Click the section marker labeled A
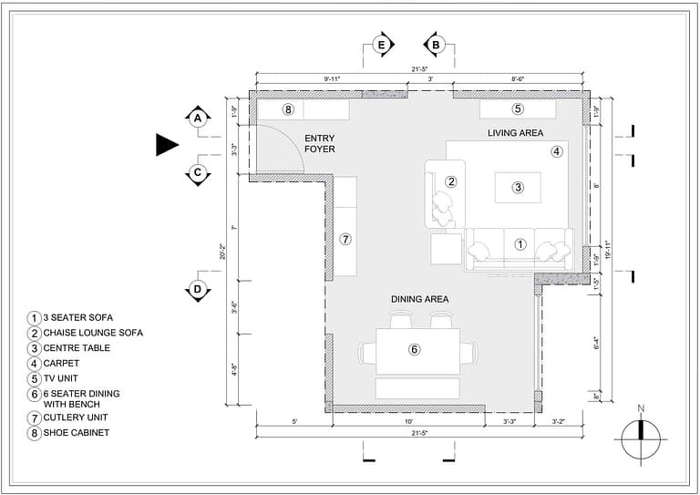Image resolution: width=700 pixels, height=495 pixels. pos(198,117)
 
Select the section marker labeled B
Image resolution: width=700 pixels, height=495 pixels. pos(436,44)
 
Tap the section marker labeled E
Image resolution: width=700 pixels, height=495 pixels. pos(382,44)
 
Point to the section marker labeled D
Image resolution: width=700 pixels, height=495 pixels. pos(198,291)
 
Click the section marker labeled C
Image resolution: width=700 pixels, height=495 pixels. pos(198,172)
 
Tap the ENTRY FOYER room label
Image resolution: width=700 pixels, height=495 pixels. pos(320,143)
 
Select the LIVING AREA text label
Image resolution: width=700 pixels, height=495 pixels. pos(515,133)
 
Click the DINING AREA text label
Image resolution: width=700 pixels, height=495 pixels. pos(419,299)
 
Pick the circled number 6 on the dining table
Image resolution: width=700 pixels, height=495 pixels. pos(414,349)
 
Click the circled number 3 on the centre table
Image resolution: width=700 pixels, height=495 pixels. pos(518,188)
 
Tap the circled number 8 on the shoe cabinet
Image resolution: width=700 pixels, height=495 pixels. pos(288,109)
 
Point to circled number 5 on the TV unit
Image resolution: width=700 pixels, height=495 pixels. pos(518,109)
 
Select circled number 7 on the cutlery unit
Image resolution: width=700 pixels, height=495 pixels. pos(345,239)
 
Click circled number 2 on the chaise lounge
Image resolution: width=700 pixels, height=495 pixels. pos(450,181)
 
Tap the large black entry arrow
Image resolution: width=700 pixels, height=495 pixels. pos(167,144)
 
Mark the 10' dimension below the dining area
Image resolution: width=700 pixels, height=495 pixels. pos(408,422)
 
